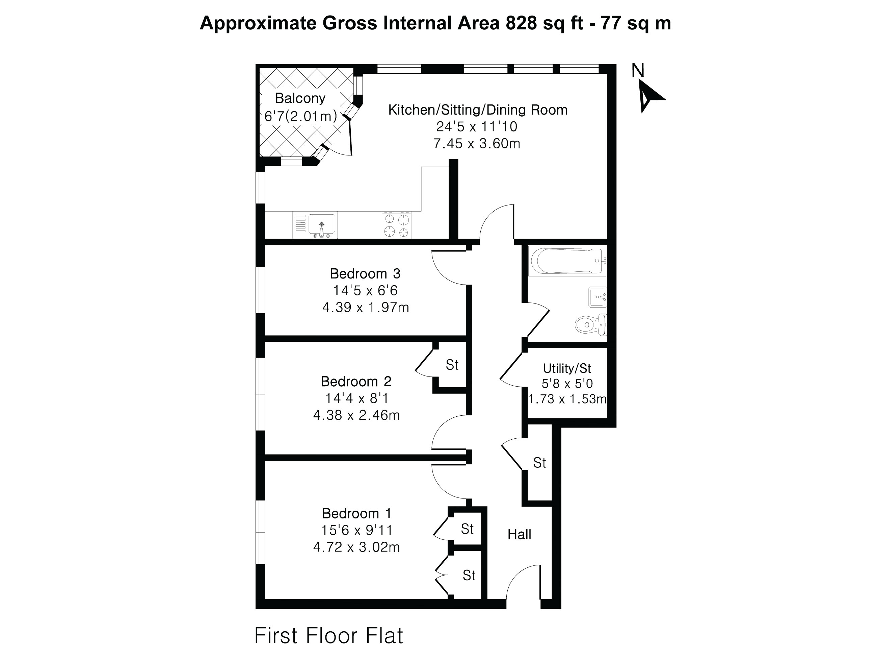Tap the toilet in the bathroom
point(590,325)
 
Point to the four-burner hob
point(396,225)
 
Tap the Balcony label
point(300,98)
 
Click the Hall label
point(520,534)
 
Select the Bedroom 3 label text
point(365,274)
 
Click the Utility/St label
point(567,368)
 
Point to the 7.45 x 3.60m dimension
point(477,143)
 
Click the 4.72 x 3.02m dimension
point(356,547)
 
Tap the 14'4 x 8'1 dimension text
point(357,398)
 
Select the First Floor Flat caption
point(328,602)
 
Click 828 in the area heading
point(521,23)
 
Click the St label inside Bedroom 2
point(452,365)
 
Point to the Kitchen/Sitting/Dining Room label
point(478,110)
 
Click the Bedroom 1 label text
point(357,513)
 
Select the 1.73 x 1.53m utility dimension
point(567,399)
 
